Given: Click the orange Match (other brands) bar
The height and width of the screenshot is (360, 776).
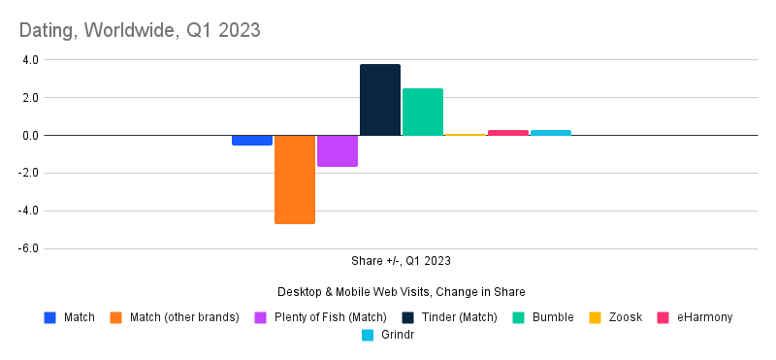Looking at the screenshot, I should click(294, 180).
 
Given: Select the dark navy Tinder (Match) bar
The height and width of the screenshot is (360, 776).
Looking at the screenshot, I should click(379, 100).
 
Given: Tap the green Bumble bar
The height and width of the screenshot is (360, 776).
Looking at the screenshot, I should click(422, 112).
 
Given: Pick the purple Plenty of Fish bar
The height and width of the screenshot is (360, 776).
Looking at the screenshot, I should click(337, 151).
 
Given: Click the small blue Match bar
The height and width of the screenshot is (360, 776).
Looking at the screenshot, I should click(251, 141).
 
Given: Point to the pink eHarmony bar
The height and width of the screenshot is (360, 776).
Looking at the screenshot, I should click(507, 133).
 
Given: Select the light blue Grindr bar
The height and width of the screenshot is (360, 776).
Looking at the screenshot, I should click(550, 133).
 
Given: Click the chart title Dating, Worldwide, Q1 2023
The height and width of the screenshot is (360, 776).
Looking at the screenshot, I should click(139, 30).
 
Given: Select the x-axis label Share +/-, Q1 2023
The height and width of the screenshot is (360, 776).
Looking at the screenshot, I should click(401, 261).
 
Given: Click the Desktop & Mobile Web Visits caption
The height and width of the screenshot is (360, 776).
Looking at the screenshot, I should click(401, 292).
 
